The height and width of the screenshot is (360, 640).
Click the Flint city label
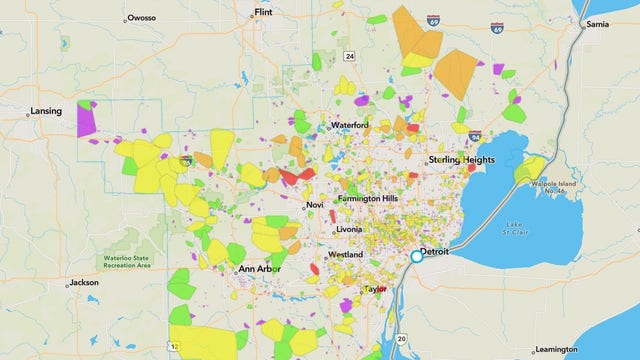point(264,13)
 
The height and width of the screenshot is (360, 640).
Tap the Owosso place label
point(143,18)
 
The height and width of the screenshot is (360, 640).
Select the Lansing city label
point(46,111)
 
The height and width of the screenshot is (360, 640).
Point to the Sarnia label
point(597,23)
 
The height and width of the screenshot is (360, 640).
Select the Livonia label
point(350,229)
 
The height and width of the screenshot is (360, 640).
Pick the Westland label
point(345,255)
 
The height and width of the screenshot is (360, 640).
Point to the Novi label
point(316,205)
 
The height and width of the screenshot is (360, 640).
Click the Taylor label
point(375,289)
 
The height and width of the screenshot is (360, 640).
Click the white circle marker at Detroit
point(416,257)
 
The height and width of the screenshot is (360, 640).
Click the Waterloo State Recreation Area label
point(124,262)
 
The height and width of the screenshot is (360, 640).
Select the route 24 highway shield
point(349,56)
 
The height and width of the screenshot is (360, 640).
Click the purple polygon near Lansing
point(87,118)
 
